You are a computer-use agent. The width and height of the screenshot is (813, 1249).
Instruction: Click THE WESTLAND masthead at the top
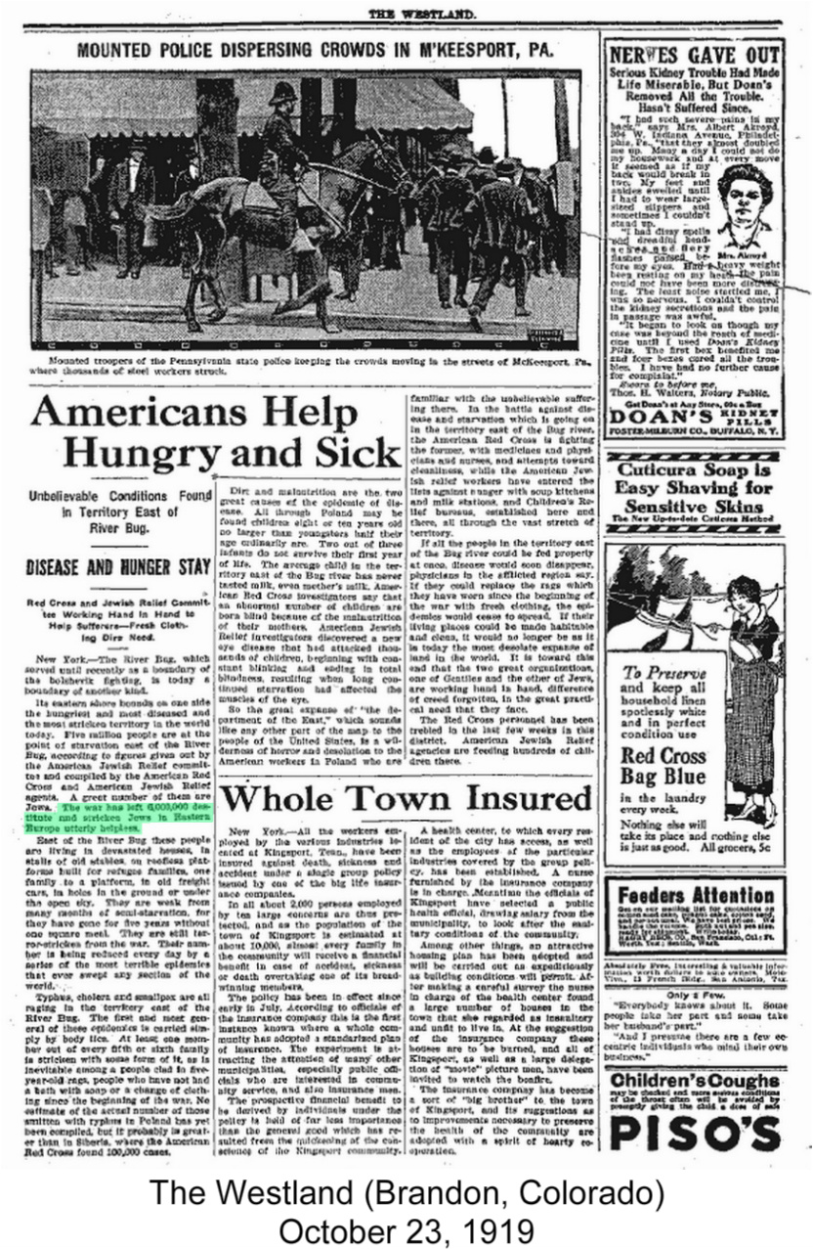[421, 13]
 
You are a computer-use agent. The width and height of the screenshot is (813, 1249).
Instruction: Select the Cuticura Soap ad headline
[694, 487]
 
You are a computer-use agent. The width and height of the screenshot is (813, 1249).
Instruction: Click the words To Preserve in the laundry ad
[660, 672]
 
